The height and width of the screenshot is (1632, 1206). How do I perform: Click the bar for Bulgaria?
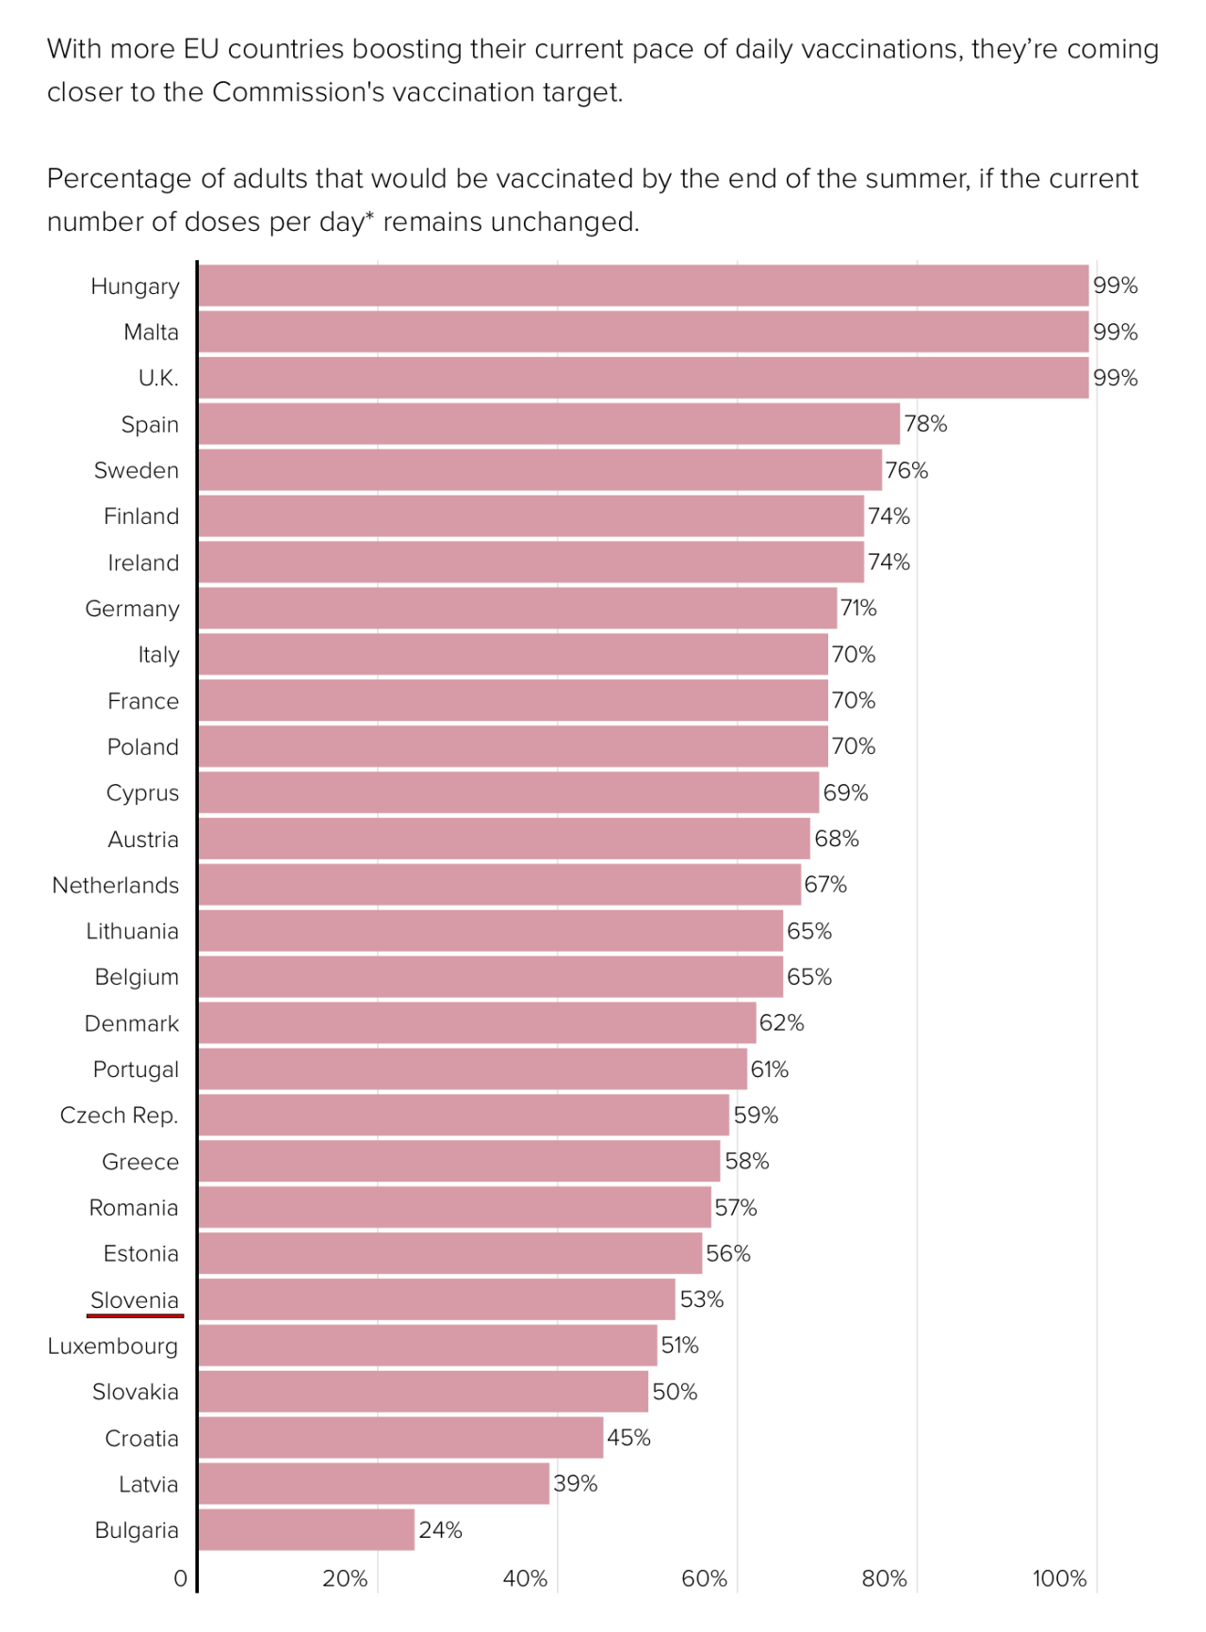[306, 1529]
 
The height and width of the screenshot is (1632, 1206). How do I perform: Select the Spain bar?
[548, 424]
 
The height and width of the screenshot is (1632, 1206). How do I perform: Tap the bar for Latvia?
[373, 1483]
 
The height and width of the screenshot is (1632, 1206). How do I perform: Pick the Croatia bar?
[400, 1438]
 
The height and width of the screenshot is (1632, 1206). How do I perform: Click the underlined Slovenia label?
[135, 1300]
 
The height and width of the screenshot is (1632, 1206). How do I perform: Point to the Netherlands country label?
[115, 886]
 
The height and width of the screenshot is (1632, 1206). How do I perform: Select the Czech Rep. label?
[119, 1116]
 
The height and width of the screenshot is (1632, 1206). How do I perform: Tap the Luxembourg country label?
[113, 1346]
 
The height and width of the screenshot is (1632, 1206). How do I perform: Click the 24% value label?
[440, 1530]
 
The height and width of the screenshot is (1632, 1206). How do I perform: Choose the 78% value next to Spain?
[925, 424]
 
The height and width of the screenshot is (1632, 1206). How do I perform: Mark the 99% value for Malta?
[1116, 333]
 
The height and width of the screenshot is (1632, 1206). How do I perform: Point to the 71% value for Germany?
[858, 609]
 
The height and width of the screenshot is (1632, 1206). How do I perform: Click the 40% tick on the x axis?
[525, 1578]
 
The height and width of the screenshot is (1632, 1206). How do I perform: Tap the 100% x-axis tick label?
[1060, 1578]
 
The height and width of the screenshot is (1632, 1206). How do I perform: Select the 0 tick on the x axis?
[181, 1578]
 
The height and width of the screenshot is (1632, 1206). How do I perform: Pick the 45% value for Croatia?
[628, 1438]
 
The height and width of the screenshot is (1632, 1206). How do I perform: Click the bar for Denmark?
[477, 1023]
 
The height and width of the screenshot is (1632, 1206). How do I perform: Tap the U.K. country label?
[158, 379]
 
